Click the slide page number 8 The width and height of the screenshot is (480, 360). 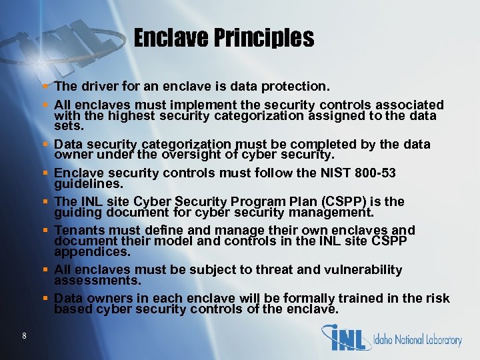[x=24, y=335]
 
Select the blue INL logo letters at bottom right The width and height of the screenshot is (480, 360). [x=346, y=337]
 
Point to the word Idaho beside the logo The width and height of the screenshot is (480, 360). [x=387, y=340]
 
